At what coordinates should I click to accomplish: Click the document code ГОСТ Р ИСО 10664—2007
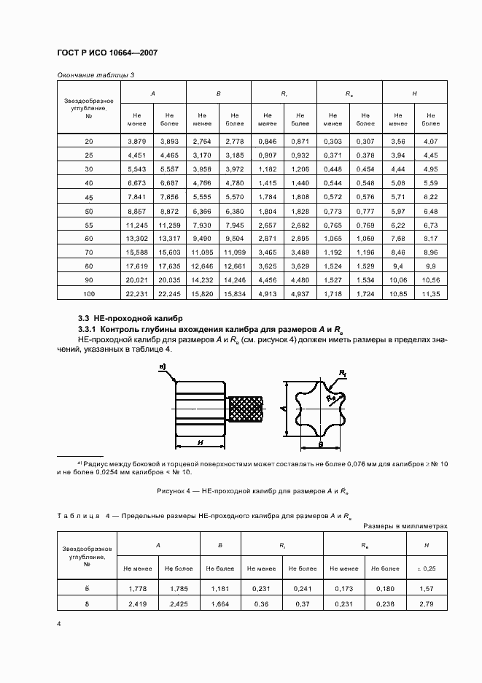[x=107, y=53]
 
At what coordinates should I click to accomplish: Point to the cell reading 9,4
[x=399, y=265]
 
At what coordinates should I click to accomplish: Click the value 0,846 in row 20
[x=267, y=140]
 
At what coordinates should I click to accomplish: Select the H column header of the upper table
[x=415, y=94]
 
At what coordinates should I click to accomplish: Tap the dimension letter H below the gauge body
[x=200, y=442]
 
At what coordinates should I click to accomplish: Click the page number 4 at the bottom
[x=58, y=624]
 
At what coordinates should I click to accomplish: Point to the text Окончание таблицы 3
[x=96, y=75]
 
